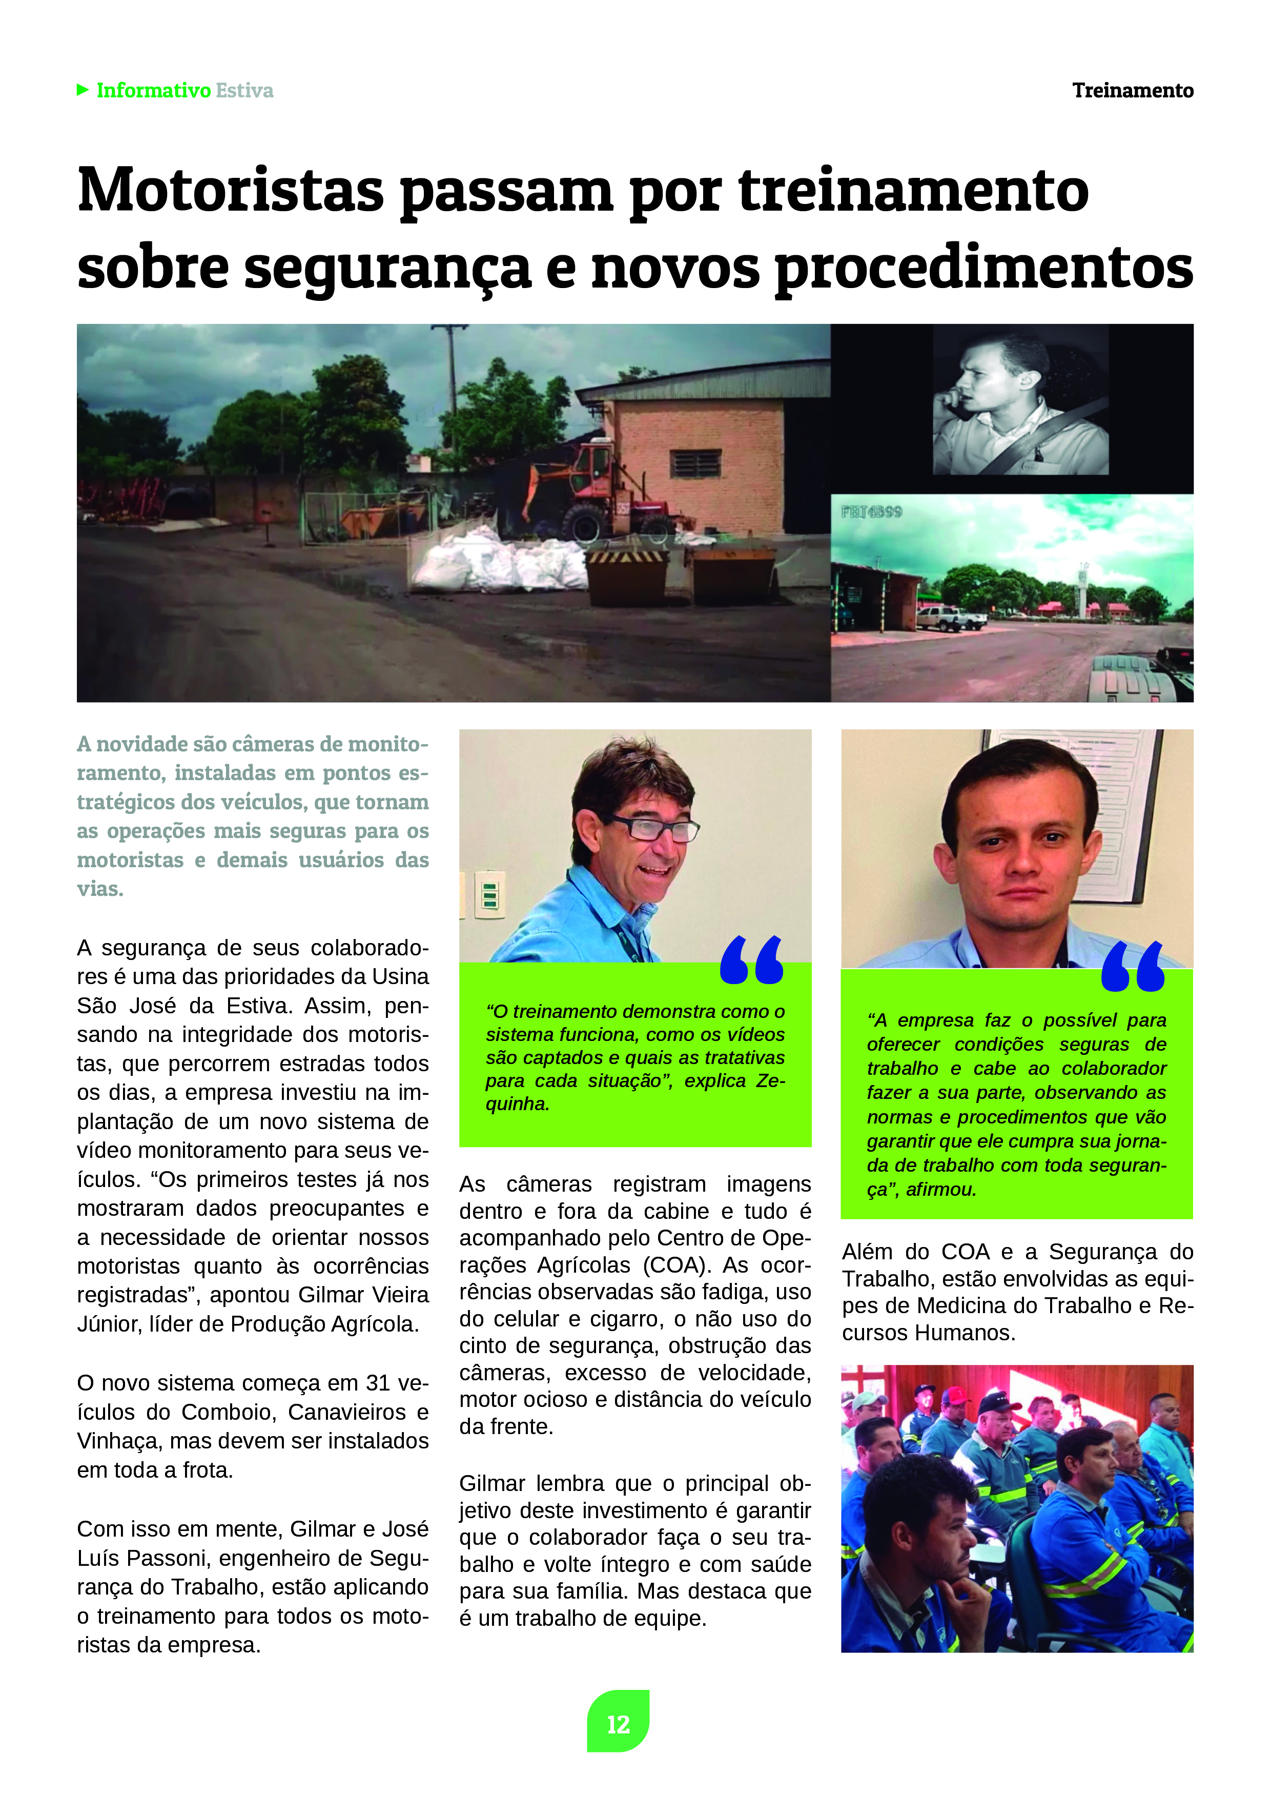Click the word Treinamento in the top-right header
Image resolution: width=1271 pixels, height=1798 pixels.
(x=1133, y=91)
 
